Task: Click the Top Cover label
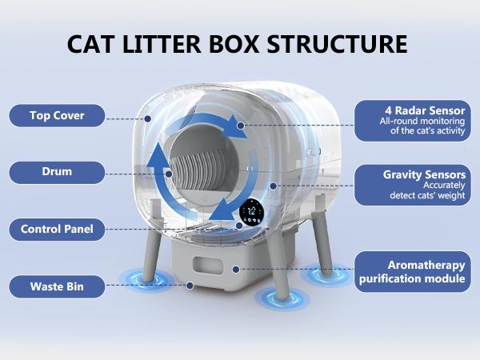pos(57,115)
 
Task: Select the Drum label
pos(57,172)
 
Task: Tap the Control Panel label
pos(57,230)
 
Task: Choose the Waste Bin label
pos(57,286)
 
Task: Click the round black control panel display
pos(254,212)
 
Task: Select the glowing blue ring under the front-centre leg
pos(282,298)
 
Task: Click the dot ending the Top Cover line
pos(149,118)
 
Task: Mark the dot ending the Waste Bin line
pos(190,285)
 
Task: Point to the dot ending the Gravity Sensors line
pos(274,186)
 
